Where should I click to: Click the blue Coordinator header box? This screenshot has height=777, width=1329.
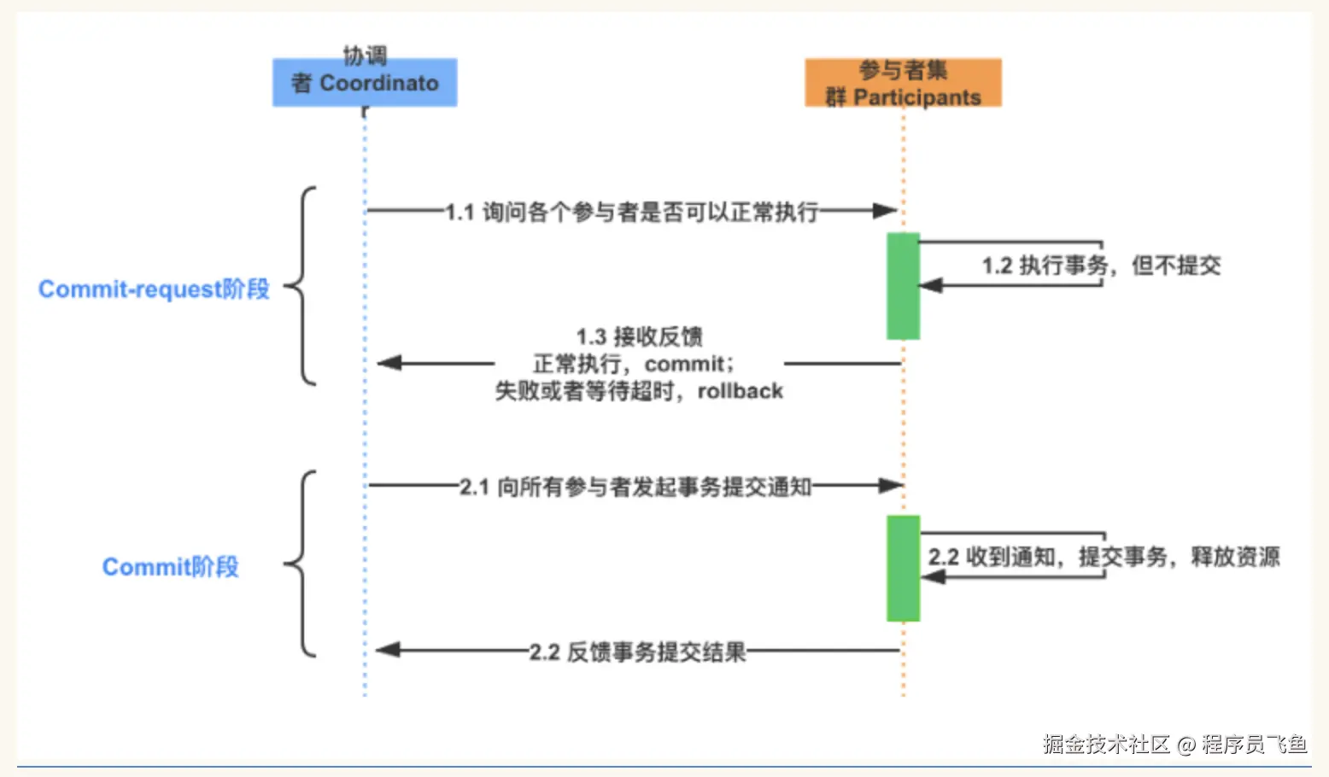365,82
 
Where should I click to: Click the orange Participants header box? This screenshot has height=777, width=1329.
903,83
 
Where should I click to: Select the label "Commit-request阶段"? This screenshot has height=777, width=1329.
154,289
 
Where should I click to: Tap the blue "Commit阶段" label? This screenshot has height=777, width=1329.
170,567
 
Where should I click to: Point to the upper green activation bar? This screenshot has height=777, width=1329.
903,286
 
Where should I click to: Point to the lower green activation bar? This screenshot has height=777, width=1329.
903,568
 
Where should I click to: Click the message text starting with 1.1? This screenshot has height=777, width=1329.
631,212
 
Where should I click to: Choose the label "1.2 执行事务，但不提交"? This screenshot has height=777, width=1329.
1101,266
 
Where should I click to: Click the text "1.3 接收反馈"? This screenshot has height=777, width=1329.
639,336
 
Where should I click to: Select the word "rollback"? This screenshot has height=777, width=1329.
740,391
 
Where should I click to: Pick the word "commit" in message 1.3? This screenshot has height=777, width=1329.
684,364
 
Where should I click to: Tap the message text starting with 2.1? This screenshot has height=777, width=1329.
635,487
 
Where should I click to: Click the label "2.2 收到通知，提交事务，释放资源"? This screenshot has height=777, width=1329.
1104,557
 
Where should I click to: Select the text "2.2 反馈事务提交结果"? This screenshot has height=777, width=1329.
637,652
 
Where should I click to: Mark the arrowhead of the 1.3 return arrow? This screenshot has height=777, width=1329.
389,363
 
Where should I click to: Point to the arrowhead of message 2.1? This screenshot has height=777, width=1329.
891,486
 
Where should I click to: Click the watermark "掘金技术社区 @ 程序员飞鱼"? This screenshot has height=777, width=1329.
1174,744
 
